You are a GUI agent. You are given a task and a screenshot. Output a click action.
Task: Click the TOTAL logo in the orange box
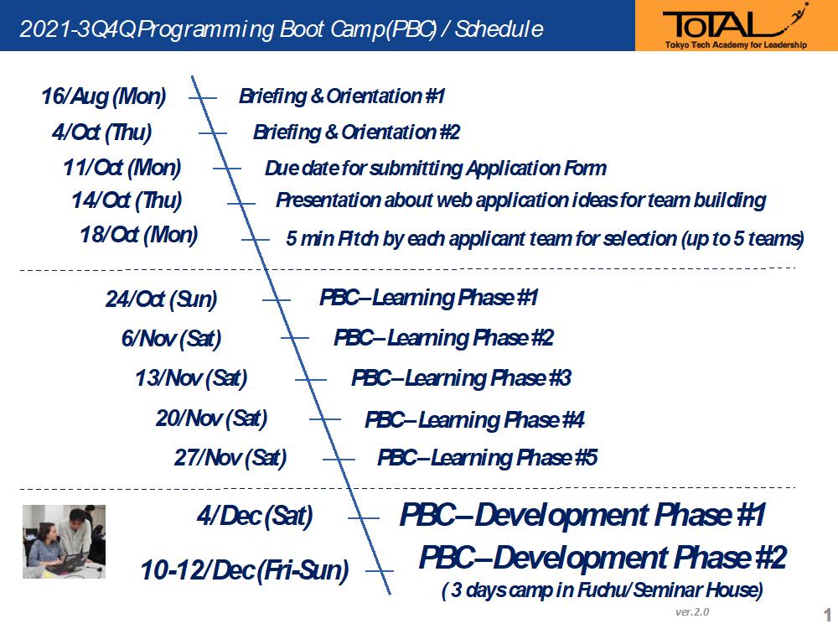[736, 27]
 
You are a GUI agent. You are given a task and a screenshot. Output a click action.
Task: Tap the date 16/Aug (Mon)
[104, 96]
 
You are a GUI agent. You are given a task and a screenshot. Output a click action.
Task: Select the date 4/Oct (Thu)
[102, 133]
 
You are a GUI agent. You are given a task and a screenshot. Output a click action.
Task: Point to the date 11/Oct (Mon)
[122, 168]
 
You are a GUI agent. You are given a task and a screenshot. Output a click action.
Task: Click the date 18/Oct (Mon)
[139, 235]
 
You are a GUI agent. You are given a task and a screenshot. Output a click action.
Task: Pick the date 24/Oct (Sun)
[162, 299]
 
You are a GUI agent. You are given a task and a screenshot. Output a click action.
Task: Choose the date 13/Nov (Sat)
[191, 378]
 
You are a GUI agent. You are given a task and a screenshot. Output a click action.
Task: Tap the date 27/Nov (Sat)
[230, 458]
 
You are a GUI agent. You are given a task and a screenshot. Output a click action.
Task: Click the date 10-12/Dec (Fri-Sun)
[245, 570]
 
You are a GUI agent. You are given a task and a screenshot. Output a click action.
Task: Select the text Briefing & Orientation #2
[356, 133]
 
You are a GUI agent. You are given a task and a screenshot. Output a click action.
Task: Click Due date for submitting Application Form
[436, 169]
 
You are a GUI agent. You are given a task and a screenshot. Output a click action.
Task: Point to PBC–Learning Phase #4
[474, 420]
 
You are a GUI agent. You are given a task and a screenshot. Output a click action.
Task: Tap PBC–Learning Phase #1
[428, 298]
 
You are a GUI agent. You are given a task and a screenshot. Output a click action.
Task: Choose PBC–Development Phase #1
[583, 515]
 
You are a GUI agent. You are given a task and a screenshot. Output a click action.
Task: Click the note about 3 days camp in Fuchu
[603, 590]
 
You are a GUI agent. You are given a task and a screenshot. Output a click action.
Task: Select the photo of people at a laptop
[65, 541]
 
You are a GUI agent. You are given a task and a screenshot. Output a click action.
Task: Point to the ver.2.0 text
[692, 612]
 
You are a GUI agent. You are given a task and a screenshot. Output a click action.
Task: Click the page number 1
[828, 614]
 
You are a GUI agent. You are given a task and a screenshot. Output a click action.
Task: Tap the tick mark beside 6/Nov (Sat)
[295, 338]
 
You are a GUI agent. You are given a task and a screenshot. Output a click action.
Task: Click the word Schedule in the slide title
[499, 29]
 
